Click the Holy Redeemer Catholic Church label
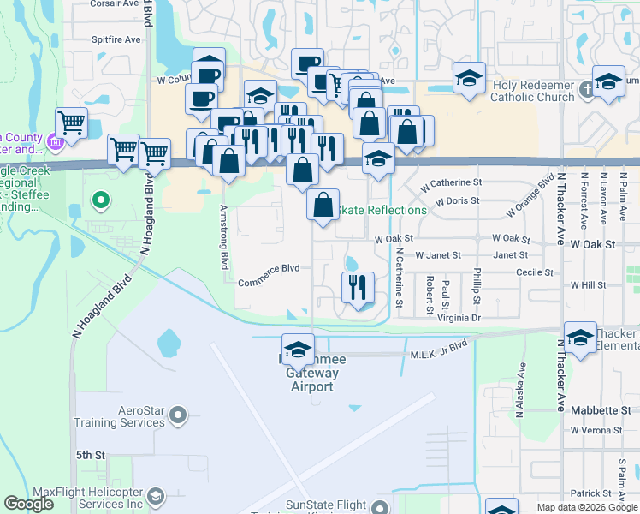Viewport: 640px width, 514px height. (x=532, y=92)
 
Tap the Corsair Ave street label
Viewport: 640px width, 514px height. (x=116, y=3)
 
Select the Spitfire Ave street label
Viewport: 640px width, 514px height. (x=116, y=39)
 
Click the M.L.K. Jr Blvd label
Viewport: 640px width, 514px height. (x=439, y=344)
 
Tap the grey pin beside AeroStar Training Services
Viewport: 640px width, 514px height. (x=178, y=416)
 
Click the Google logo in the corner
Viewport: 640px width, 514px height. (x=28, y=503)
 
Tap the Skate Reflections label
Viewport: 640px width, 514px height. (x=383, y=210)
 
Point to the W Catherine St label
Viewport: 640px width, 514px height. (x=453, y=182)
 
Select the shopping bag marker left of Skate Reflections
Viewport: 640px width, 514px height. (x=323, y=206)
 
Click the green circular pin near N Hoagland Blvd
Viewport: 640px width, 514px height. (x=101, y=202)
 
